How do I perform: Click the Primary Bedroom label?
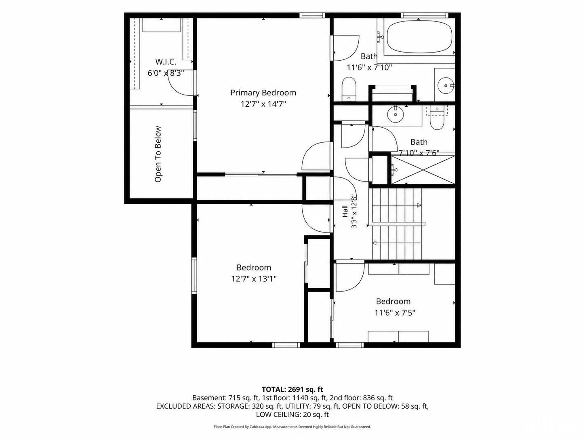[x=263, y=93]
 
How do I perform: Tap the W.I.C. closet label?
[x=166, y=62]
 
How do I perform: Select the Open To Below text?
[x=158, y=154]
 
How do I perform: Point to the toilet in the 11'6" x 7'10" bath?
[x=349, y=89]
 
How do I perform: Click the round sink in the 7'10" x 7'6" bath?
[x=396, y=114]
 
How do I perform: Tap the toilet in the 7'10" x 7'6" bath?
[x=437, y=118]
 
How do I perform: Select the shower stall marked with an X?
[x=423, y=170]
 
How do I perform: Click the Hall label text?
[x=345, y=211]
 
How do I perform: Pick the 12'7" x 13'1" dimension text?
[x=254, y=279]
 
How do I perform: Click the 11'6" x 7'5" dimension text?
[x=395, y=312]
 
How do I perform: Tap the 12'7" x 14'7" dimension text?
[x=263, y=104]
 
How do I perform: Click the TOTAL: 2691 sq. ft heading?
[x=292, y=389]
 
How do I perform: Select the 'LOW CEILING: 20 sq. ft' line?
[x=292, y=414]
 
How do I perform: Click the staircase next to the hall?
[x=397, y=224]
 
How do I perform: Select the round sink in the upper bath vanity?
[x=446, y=85]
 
